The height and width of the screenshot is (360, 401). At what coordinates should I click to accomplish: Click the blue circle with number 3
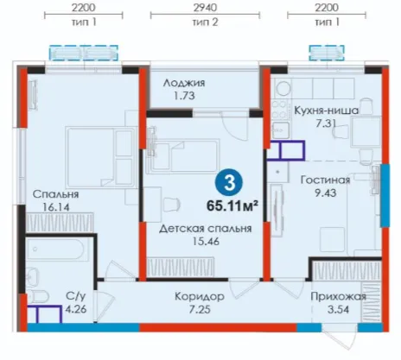coord(229,182)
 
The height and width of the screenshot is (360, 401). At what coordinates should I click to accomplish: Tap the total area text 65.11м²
coord(232,205)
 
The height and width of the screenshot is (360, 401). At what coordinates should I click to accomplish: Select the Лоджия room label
coord(184,83)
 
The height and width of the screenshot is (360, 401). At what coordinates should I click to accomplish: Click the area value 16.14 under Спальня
coord(56,207)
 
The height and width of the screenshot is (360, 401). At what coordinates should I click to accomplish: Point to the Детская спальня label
coord(206,229)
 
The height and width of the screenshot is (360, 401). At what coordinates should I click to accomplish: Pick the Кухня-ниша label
coord(326,111)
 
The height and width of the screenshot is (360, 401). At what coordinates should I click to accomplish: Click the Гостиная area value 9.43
coord(325,193)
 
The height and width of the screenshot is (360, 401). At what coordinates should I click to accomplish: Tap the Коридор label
coord(200,296)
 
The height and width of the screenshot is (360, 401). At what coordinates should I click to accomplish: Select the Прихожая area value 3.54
coord(338,309)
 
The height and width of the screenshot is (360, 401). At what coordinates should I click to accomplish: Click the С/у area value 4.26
coord(76,309)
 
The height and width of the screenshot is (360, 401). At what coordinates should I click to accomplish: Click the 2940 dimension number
coord(205,8)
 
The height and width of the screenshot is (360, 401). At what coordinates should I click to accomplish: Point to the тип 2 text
coord(205,22)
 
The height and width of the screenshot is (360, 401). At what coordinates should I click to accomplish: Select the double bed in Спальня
coord(101,157)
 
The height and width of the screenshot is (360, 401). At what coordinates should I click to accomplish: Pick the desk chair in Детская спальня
coord(172,205)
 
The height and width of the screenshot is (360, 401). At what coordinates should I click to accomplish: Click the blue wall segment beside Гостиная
coord(385,196)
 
